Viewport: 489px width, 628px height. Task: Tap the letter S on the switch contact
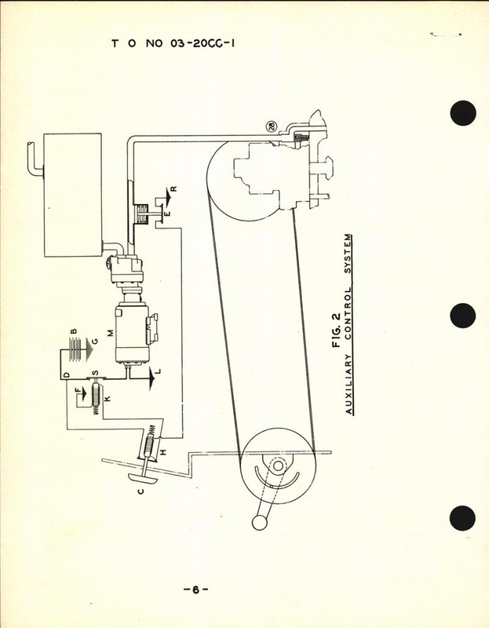tap(96, 372)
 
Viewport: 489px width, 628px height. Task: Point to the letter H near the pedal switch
tap(162, 451)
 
